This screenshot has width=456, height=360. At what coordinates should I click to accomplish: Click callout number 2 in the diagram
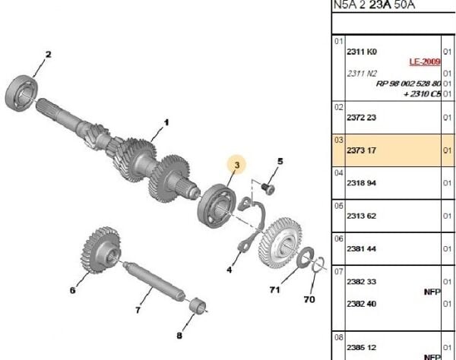point(48,54)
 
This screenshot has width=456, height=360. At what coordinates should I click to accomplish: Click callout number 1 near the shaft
point(166,122)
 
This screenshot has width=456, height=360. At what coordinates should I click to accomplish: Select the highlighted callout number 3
point(237,165)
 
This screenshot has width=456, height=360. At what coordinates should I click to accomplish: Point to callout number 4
point(230,268)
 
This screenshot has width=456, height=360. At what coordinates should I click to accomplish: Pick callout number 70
point(309,299)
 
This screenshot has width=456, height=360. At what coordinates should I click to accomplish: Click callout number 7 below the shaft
point(138,310)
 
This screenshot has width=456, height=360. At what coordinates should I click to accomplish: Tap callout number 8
point(179,335)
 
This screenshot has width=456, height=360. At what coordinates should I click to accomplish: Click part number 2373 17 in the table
point(362,150)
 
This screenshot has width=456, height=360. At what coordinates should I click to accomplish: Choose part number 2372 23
point(362,118)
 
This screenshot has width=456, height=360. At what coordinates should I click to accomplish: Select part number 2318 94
point(362,183)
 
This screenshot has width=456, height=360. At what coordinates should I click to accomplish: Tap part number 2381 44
point(362,248)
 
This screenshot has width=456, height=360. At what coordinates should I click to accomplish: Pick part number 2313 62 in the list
point(362,216)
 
